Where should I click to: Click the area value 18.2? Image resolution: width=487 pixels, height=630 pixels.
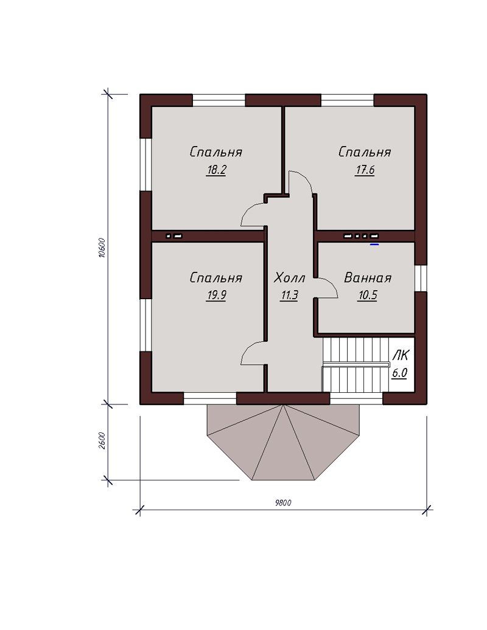(216, 170)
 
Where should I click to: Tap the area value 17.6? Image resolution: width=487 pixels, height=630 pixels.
(365, 170)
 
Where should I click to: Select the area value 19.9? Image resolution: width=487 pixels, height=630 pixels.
(216, 296)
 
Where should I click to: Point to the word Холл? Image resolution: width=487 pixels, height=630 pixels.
(290, 278)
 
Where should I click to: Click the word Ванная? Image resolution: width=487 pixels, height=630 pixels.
(368, 278)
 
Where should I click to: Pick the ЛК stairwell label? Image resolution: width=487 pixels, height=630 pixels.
(401, 355)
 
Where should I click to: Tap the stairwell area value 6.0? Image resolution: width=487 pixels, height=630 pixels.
(400, 373)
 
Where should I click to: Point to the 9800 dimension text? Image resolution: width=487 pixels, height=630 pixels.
(283, 503)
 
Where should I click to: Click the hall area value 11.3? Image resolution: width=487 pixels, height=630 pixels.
(289, 296)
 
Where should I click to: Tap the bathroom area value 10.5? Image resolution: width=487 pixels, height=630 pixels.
(368, 296)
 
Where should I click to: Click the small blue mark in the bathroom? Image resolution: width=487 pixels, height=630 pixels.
(374, 244)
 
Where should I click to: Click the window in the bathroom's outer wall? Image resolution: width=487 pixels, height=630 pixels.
(421, 278)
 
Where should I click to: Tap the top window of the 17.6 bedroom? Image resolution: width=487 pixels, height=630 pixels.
(348, 100)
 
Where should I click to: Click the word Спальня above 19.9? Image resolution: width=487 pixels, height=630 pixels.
(216, 278)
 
